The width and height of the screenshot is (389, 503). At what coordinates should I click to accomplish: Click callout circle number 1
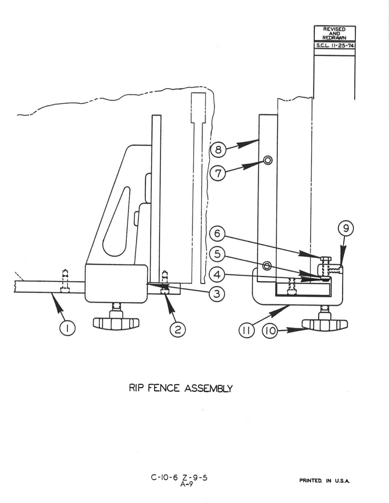click(x=67, y=329)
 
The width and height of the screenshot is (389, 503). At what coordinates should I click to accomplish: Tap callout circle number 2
click(x=177, y=329)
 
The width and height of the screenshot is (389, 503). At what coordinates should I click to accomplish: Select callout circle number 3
click(x=217, y=294)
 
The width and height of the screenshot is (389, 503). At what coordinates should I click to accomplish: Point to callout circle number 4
click(x=217, y=275)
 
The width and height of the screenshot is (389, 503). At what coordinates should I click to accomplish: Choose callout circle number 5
click(x=217, y=254)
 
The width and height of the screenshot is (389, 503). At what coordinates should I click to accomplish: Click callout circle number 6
click(x=217, y=233)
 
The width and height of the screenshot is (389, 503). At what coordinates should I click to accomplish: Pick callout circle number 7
click(x=218, y=173)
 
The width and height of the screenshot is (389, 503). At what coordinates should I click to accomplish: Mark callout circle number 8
click(x=218, y=150)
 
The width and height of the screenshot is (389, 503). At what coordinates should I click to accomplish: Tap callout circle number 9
click(x=346, y=229)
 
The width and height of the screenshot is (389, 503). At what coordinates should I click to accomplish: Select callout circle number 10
click(x=270, y=331)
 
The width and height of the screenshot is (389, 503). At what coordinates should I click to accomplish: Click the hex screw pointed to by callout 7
click(x=268, y=160)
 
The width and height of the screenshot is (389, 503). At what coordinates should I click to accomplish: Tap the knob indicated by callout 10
click(x=325, y=325)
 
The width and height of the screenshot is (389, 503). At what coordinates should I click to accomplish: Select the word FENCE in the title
click(x=164, y=388)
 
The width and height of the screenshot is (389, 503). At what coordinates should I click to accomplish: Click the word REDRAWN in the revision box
click(x=335, y=38)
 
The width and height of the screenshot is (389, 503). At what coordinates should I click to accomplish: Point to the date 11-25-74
click(x=341, y=46)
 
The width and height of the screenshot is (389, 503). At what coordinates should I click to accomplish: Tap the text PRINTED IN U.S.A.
click(x=324, y=481)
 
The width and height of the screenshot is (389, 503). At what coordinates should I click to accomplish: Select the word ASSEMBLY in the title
click(x=208, y=388)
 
